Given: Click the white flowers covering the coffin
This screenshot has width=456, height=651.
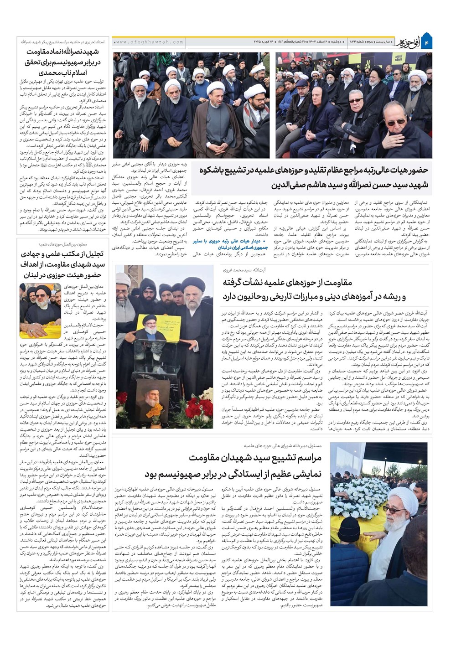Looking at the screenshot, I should (x=360, y=490).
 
